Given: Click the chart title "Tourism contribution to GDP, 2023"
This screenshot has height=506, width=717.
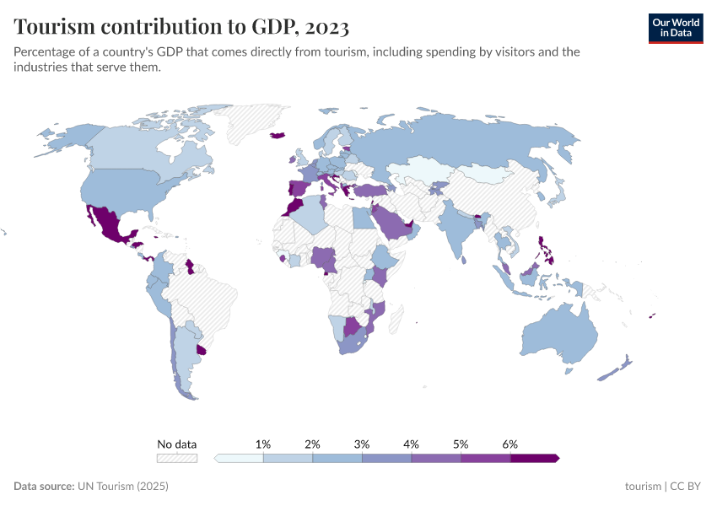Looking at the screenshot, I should (181, 27).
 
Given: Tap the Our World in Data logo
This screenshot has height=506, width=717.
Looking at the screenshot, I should (675, 28).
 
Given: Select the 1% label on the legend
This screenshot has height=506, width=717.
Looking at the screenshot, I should (263, 444).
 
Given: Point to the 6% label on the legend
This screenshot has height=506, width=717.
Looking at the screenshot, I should (509, 444).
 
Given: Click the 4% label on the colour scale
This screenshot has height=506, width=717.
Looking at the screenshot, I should (412, 444).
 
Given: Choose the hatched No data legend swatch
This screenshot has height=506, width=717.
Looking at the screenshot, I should (177, 458).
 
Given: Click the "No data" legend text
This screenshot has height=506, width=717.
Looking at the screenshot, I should (177, 444).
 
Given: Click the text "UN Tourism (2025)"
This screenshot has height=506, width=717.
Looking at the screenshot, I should (123, 487).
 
